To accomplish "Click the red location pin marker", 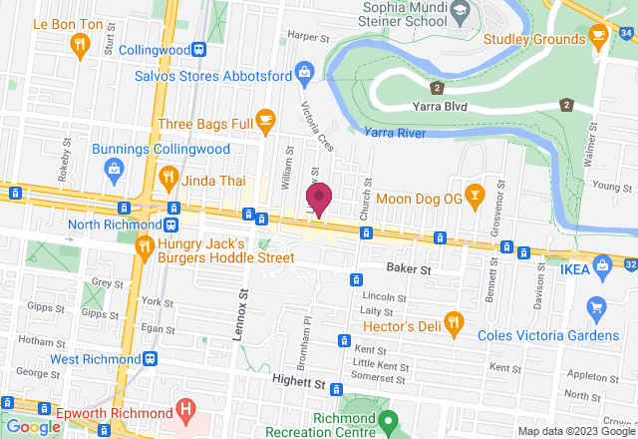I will [x=318, y=199].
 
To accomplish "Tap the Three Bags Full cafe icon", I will [x=265, y=122].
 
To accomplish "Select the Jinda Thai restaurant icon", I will [x=168, y=179].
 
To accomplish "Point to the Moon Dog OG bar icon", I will [x=477, y=198].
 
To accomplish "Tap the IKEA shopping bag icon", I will [x=601, y=264].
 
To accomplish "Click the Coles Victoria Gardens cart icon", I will [x=597, y=306].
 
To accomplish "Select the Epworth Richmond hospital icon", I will [x=184, y=408].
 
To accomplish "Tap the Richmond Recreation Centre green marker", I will [x=390, y=420].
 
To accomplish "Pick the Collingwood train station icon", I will [x=200, y=49].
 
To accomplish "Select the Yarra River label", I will [x=395, y=132].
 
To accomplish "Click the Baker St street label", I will [x=409, y=269].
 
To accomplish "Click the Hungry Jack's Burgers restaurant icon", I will [x=145, y=245].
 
